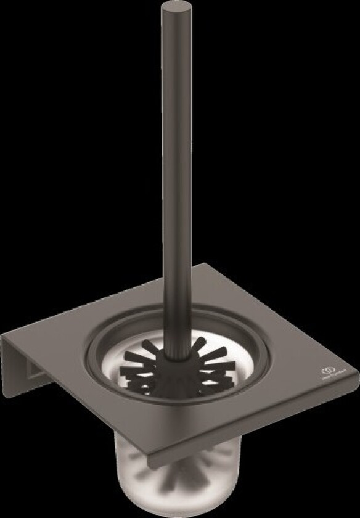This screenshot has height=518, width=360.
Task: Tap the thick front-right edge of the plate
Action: (259, 425)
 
